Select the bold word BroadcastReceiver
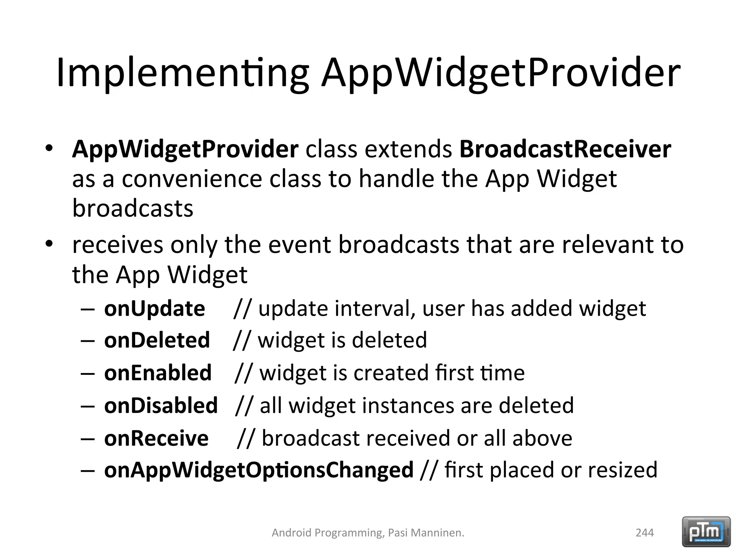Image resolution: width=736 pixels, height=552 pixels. click(x=565, y=149)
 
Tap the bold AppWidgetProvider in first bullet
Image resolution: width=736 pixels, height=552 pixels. click(x=185, y=149)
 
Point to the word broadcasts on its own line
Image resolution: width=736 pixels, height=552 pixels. click(x=133, y=208)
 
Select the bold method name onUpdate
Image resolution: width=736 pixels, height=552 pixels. click(x=155, y=309)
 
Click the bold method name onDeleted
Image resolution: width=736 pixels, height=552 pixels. click(x=157, y=340)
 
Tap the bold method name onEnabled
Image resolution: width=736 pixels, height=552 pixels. click(x=158, y=373)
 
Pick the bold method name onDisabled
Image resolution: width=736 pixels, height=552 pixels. click(x=161, y=405)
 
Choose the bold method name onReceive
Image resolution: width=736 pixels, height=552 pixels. click(x=156, y=438)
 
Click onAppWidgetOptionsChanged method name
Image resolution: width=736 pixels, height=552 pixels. click(x=259, y=470)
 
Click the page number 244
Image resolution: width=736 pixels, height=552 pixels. click(x=645, y=533)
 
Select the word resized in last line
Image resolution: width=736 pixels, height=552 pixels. click(x=622, y=470)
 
